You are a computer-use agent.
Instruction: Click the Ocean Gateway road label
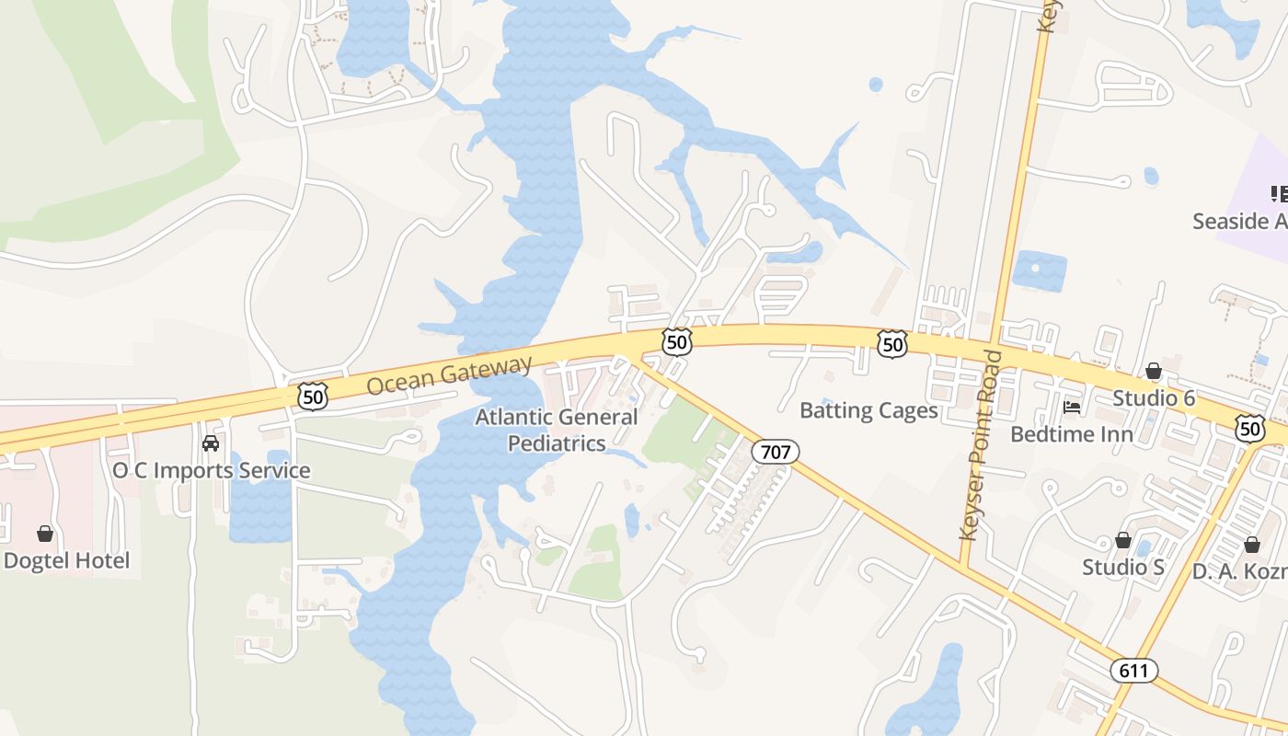449,375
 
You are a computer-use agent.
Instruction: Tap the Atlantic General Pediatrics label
557,430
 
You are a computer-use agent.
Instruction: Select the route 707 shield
775,452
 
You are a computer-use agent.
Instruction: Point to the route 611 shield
1133,671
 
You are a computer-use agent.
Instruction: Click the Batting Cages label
868,410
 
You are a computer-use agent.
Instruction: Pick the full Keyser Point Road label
978,444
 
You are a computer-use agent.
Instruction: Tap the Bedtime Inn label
1071,433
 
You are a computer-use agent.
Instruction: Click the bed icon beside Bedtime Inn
1071,407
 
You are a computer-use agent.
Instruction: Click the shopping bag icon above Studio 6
1154,371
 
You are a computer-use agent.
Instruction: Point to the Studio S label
1122,567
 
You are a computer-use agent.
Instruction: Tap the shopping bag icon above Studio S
1122,540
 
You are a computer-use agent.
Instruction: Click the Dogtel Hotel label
66,560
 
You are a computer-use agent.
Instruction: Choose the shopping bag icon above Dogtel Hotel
44,534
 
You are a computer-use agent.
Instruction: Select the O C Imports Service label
211,470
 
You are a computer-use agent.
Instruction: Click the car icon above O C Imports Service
211,443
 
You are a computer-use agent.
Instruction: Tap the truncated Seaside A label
1239,221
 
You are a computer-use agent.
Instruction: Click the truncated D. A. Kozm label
1239,570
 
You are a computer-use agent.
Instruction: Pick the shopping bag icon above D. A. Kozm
1251,545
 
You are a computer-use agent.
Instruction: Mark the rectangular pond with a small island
1039,271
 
